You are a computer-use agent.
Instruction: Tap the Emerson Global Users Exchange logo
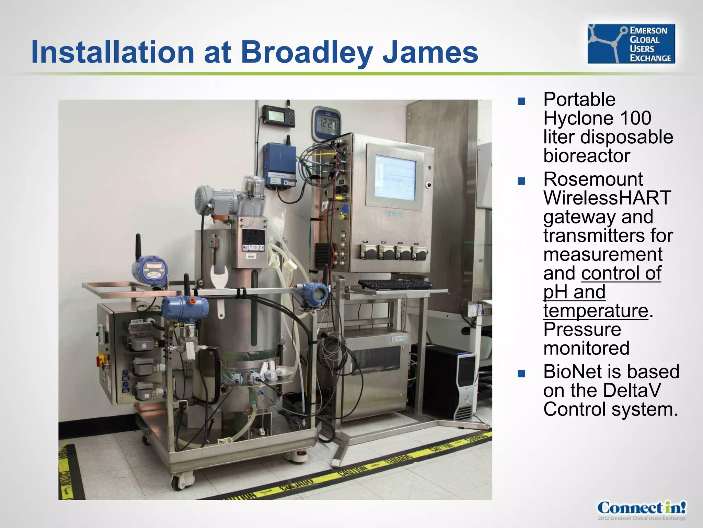631,44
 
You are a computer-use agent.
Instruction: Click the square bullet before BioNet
521,373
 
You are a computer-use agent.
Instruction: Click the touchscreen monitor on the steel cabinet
395,177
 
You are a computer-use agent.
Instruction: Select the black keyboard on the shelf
395,284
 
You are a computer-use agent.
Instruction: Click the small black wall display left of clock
278,116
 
